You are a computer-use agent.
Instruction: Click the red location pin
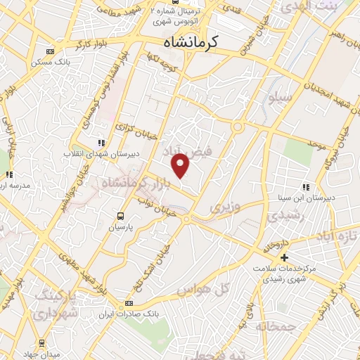coord(181,166)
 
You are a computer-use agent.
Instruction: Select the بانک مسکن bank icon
coord(49,51)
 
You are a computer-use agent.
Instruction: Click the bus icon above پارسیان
coord(120,216)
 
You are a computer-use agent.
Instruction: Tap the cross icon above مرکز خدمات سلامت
coord(284,257)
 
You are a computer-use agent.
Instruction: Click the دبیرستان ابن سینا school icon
coord(306,187)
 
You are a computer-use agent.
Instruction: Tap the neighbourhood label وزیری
coord(224,207)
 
